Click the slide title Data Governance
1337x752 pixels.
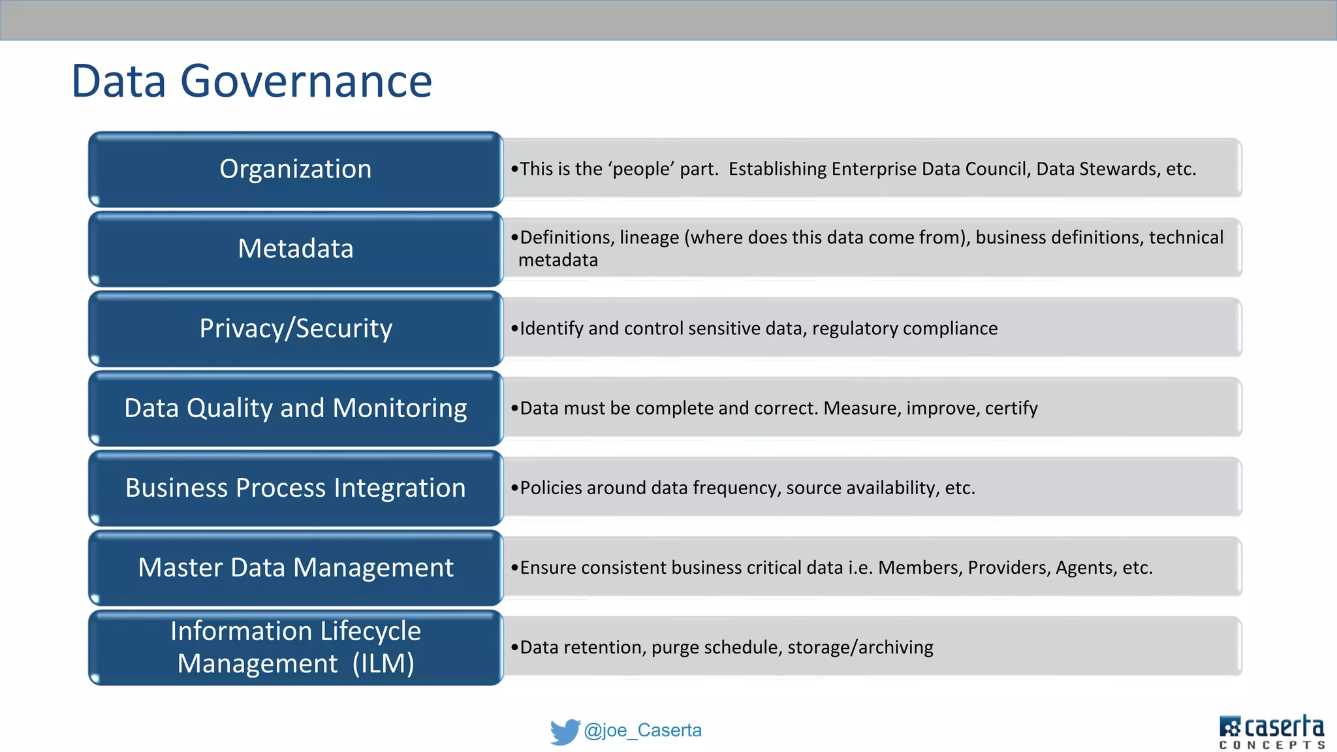251,82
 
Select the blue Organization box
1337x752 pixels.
295,170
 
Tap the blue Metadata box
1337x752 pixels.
295,249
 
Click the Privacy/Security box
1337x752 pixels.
295,329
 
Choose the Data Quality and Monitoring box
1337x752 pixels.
295,409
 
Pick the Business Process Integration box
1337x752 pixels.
295,488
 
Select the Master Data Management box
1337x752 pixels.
295,568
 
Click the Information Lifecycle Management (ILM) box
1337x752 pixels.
295,648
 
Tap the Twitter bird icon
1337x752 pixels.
565,731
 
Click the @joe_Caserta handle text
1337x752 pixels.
642,730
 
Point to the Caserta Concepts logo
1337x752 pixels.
1271,732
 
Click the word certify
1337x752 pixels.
1011,409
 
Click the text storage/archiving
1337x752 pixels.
860,648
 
